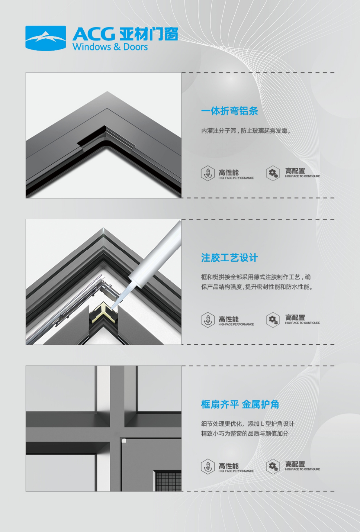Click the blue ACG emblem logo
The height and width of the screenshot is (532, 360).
(46, 38)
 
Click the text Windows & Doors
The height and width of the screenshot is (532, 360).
(110, 47)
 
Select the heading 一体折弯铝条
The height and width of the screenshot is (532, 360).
(230, 111)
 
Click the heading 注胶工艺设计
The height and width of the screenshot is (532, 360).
(230, 257)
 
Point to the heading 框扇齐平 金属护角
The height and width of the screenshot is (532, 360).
(240, 404)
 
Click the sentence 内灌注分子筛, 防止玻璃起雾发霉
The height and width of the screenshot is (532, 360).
(246, 131)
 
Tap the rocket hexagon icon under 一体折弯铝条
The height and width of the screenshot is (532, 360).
(208, 173)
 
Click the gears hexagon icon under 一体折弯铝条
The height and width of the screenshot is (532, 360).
(273, 173)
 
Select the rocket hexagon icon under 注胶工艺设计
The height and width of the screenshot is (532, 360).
(208, 320)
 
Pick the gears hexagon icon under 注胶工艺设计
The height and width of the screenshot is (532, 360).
(273, 320)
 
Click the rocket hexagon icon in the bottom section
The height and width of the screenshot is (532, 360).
(208, 467)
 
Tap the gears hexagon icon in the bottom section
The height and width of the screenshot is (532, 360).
(273, 467)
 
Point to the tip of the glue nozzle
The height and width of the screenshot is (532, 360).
(112, 308)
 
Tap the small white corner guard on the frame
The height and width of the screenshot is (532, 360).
(124, 441)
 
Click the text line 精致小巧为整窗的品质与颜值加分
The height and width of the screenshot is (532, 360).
(245, 434)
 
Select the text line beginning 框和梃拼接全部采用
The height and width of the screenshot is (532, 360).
(256, 277)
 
